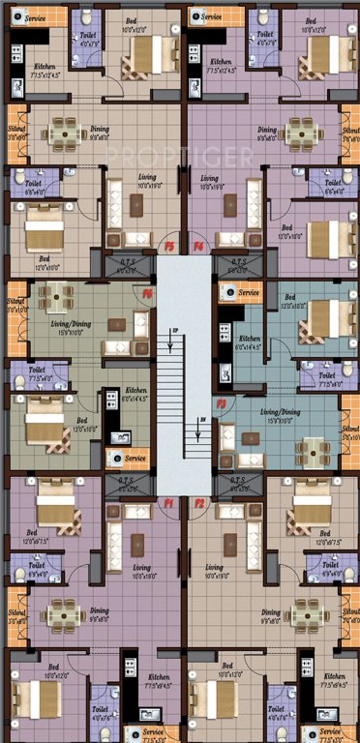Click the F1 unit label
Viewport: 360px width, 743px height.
[x=167, y=503]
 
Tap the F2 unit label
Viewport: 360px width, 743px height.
[x=199, y=503]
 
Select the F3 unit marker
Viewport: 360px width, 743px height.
[x=222, y=402]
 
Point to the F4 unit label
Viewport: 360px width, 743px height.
[x=199, y=248]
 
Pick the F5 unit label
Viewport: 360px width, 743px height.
[x=168, y=248]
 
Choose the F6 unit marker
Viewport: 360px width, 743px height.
[x=148, y=293]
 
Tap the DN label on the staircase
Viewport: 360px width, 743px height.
[x=202, y=419]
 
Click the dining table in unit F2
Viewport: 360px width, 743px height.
[x=303, y=611]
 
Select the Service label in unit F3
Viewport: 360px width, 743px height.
[x=249, y=292]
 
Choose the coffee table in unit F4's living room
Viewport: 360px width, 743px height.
[x=231, y=204]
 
